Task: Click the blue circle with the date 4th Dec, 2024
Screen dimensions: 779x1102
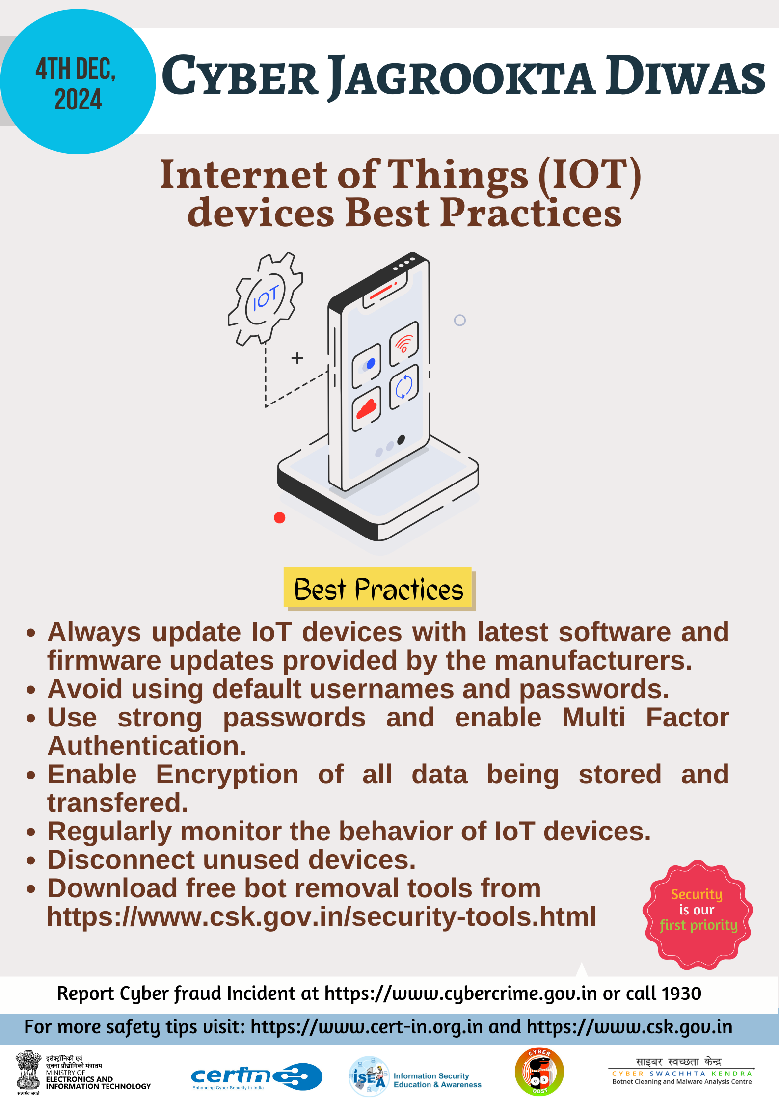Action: pos(78,81)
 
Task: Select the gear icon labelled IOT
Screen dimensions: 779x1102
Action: pos(265,298)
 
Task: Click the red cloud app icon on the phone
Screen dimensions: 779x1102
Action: pos(366,408)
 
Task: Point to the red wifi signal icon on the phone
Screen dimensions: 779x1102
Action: pos(404,344)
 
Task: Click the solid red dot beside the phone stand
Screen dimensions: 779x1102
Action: pos(279,517)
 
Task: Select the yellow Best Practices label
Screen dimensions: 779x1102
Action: pos(379,589)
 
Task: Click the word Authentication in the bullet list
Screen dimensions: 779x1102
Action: pos(147,746)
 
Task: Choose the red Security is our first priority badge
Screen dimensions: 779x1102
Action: pos(698,915)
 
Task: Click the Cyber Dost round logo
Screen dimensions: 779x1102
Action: pos(539,1072)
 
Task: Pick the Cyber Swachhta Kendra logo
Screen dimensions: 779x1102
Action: pos(682,1072)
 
